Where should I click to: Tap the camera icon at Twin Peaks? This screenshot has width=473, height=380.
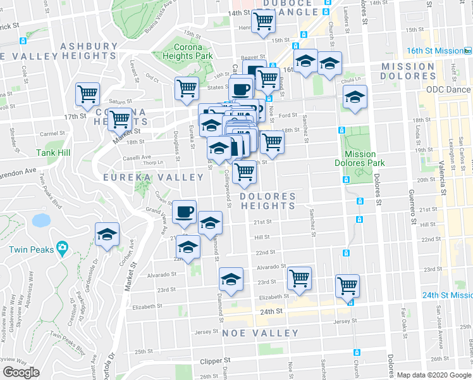(62, 247)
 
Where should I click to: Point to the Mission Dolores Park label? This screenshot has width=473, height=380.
(360, 158)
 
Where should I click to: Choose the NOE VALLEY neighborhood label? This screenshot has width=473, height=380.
(260, 333)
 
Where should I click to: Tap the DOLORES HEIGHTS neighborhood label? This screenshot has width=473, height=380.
(268, 201)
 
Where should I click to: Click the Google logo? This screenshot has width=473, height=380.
(21, 372)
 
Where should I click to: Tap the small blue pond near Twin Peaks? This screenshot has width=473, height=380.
(41, 220)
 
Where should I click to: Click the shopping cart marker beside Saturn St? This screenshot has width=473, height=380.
(87, 94)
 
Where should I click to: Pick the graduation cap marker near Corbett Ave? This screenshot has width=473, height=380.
(107, 234)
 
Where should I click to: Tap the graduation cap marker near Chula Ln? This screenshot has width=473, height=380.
(355, 97)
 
